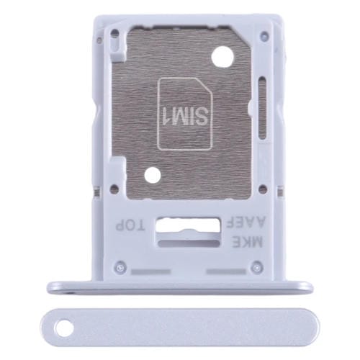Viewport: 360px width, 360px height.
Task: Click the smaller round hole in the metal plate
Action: pos(152,174)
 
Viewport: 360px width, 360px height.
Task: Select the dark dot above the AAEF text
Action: pos(264,190)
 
